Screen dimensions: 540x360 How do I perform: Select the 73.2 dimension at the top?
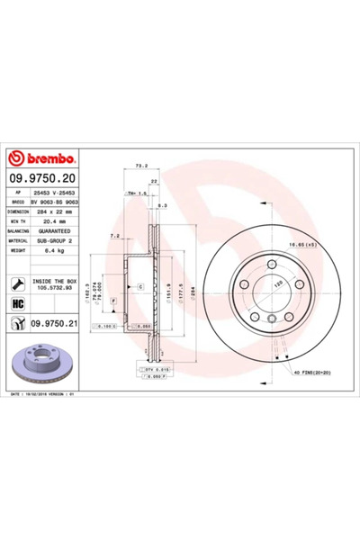(140, 166)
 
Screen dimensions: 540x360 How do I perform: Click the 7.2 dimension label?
(113, 234)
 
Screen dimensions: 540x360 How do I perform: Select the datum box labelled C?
(139, 285)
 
